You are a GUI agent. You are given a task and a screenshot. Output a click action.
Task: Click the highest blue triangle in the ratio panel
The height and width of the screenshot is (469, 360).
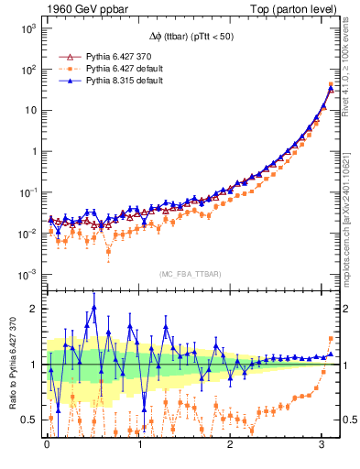pos(93,308)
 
